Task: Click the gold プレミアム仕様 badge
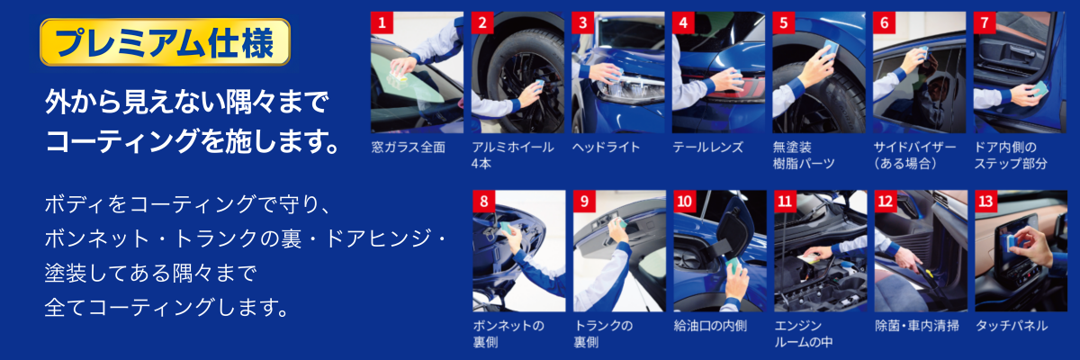click(x=165, y=42)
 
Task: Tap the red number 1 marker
click(x=382, y=22)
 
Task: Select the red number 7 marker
click(x=985, y=22)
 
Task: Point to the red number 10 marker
click(x=685, y=201)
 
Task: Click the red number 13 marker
click(x=986, y=201)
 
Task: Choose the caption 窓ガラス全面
click(x=409, y=147)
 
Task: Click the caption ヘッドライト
click(x=606, y=147)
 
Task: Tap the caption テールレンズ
click(x=708, y=147)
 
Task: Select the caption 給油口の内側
click(x=710, y=326)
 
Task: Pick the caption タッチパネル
click(x=1012, y=326)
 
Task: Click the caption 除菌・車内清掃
click(x=917, y=326)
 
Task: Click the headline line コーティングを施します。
click(x=192, y=141)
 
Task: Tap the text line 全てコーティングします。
click(x=166, y=307)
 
